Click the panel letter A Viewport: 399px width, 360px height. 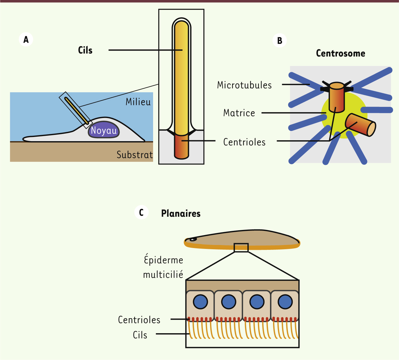tap(26, 40)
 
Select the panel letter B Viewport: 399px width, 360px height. tap(280, 41)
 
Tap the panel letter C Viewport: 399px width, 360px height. tap(141, 213)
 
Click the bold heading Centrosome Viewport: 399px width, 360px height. tap(341, 53)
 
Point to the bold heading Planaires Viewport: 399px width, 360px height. tap(181, 214)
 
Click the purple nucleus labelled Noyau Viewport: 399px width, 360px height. tap(104, 129)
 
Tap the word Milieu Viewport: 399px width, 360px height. tap(138, 102)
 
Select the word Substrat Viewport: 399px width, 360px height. tap(135, 155)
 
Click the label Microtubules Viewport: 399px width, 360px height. tap(244, 85)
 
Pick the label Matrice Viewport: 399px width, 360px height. tap(239, 113)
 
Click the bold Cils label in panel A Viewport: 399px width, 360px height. tap(85, 50)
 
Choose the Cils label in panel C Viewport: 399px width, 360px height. tap(140, 335)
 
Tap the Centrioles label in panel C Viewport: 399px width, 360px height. tap(139, 320)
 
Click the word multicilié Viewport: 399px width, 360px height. tap(163, 275)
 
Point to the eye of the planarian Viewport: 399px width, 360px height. tap(193, 239)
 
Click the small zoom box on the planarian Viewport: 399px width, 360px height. tap(241, 247)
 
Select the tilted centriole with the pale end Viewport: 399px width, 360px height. tap(360, 125)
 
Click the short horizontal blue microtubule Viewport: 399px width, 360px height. tap(376, 110)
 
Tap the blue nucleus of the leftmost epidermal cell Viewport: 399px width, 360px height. tap(200, 302)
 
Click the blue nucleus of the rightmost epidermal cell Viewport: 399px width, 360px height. tap(285, 302)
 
